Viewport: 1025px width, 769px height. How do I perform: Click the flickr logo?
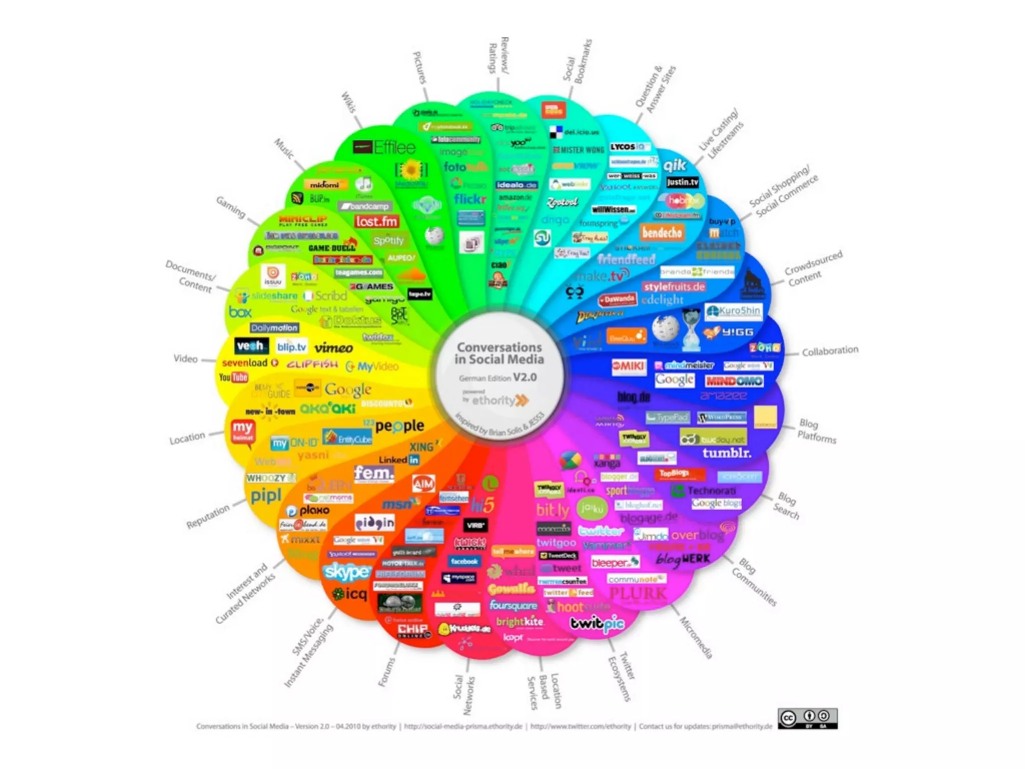point(470,199)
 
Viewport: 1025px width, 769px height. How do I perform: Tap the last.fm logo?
point(376,221)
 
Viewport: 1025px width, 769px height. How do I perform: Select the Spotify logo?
point(388,241)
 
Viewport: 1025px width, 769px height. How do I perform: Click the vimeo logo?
point(334,348)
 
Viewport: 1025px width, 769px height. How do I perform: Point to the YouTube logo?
point(233,377)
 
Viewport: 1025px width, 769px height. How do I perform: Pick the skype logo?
point(347,571)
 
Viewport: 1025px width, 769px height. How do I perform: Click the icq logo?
point(350,594)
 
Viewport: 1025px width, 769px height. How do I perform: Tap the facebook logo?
point(464,562)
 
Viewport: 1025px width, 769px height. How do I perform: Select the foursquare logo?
point(513,606)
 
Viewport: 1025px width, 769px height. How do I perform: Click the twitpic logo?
point(597,624)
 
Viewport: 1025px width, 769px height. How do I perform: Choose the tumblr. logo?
point(727,453)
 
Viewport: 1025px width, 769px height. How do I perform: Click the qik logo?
point(675,165)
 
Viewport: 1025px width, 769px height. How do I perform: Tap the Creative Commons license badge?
point(807,718)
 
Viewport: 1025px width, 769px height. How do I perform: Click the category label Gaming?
point(231,207)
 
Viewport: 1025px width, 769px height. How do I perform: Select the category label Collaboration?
point(830,351)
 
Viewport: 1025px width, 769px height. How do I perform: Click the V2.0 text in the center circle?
point(525,377)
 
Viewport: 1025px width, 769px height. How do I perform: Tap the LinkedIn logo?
point(399,460)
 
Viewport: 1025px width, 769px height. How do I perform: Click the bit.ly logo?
point(553,510)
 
